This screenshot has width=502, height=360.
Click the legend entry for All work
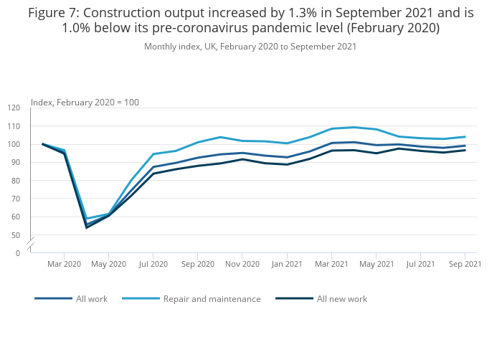click(x=91, y=298)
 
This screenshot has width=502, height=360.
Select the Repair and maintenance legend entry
click(x=212, y=298)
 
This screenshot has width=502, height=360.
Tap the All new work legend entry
click(x=341, y=298)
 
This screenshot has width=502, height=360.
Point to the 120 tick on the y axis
click(x=14, y=108)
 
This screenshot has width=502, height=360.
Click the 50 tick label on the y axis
click(x=16, y=235)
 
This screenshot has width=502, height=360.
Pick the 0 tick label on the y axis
click(x=18, y=253)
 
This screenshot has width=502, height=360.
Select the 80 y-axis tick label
click(x=16, y=181)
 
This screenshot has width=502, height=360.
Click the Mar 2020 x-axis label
click(x=65, y=265)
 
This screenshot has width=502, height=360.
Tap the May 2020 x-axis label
click(x=108, y=265)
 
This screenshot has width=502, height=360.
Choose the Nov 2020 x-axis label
click(x=242, y=265)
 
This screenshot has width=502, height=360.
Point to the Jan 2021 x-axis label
click(x=287, y=265)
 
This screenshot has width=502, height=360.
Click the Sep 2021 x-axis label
click(x=465, y=265)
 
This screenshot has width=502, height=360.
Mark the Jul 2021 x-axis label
click(x=420, y=265)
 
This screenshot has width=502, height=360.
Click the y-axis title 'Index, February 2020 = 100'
click(x=85, y=102)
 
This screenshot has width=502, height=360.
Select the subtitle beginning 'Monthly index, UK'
click(x=250, y=47)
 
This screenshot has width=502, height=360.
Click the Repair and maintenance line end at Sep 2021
click(x=465, y=137)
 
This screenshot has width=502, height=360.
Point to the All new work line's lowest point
click(x=87, y=227)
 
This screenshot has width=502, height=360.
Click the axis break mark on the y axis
click(x=30, y=244)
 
